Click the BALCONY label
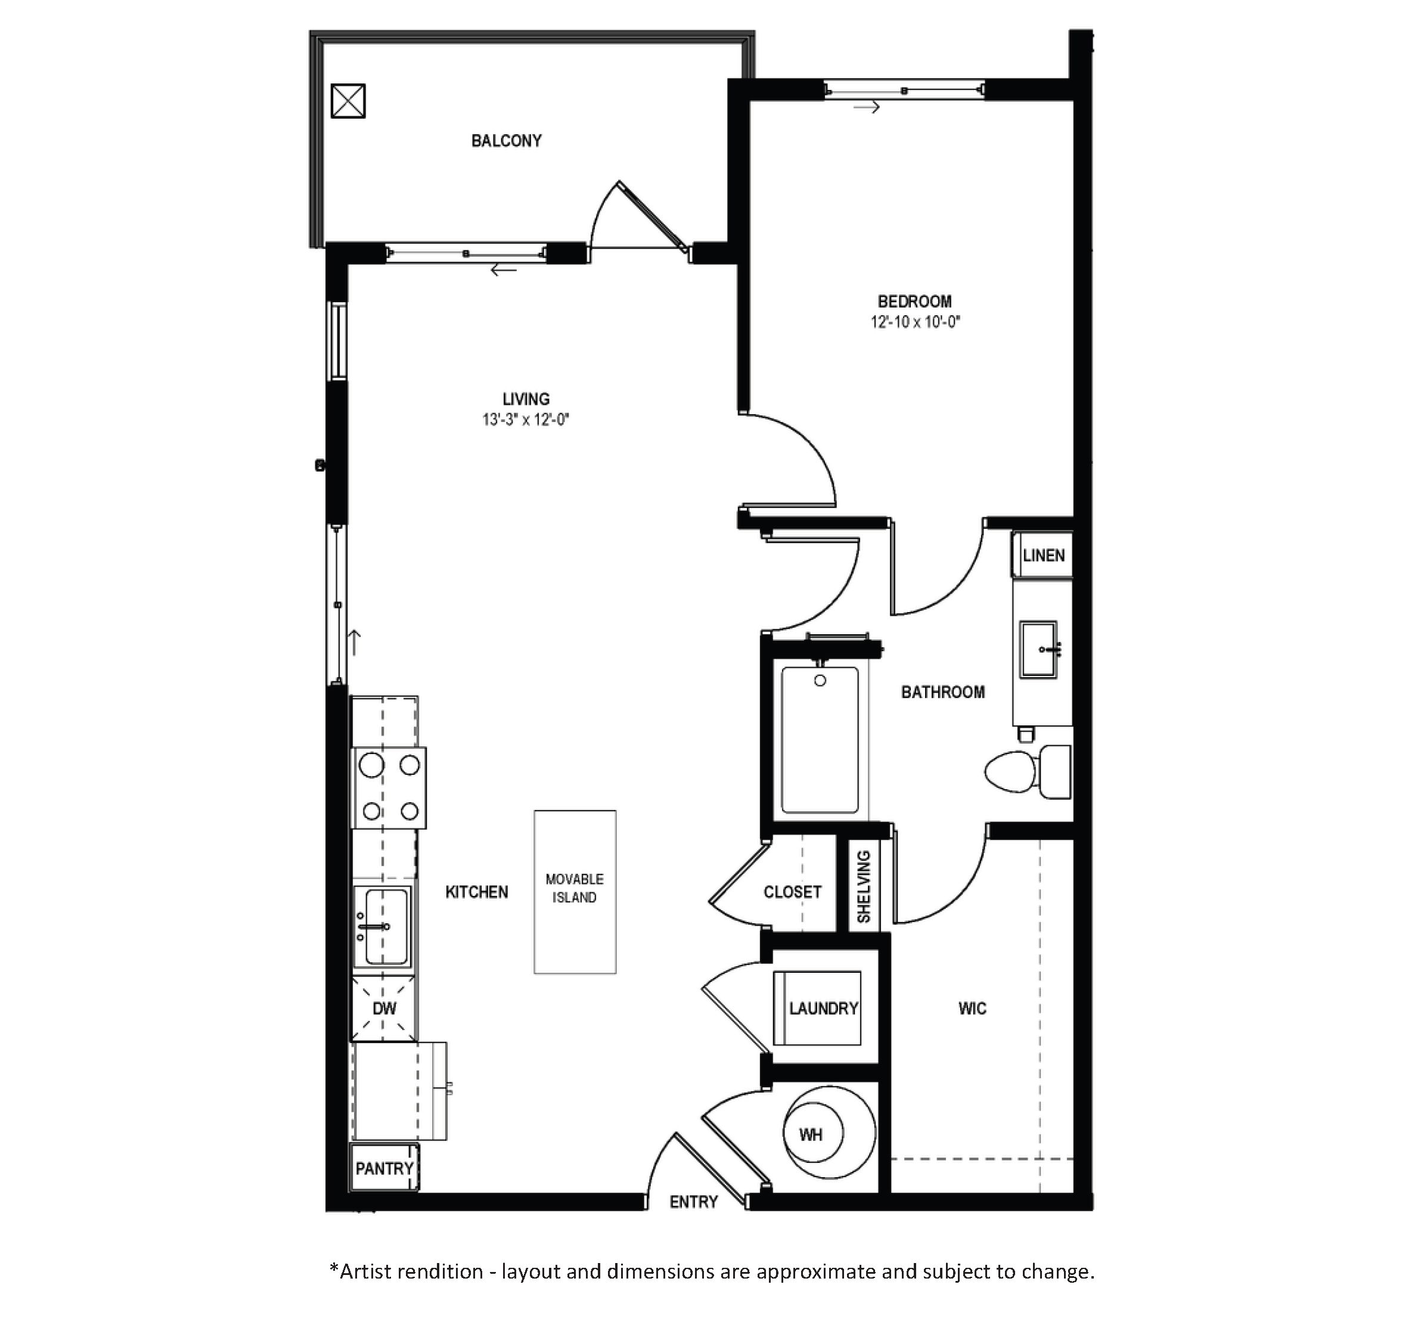[x=507, y=141]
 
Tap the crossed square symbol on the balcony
[x=348, y=101]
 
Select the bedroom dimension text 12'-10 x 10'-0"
[x=915, y=322]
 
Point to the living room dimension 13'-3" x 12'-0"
[x=526, y=419]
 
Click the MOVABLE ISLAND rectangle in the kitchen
[x=575, y=892]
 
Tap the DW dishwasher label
[x=384, y=1009]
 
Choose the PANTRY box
[x=384, y=1168]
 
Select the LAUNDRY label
[x=824, y=1009]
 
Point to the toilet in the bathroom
[x=1027, y=771]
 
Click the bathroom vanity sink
[x=1038, y=649]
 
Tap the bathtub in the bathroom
[x=820, y=740]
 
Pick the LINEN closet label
[x=1044, y=555]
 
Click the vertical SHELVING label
[x=864, y=887]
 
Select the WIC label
[x=972, y=1009]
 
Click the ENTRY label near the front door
[x=693, y=1203]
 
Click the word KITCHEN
[x=476, y=892]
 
